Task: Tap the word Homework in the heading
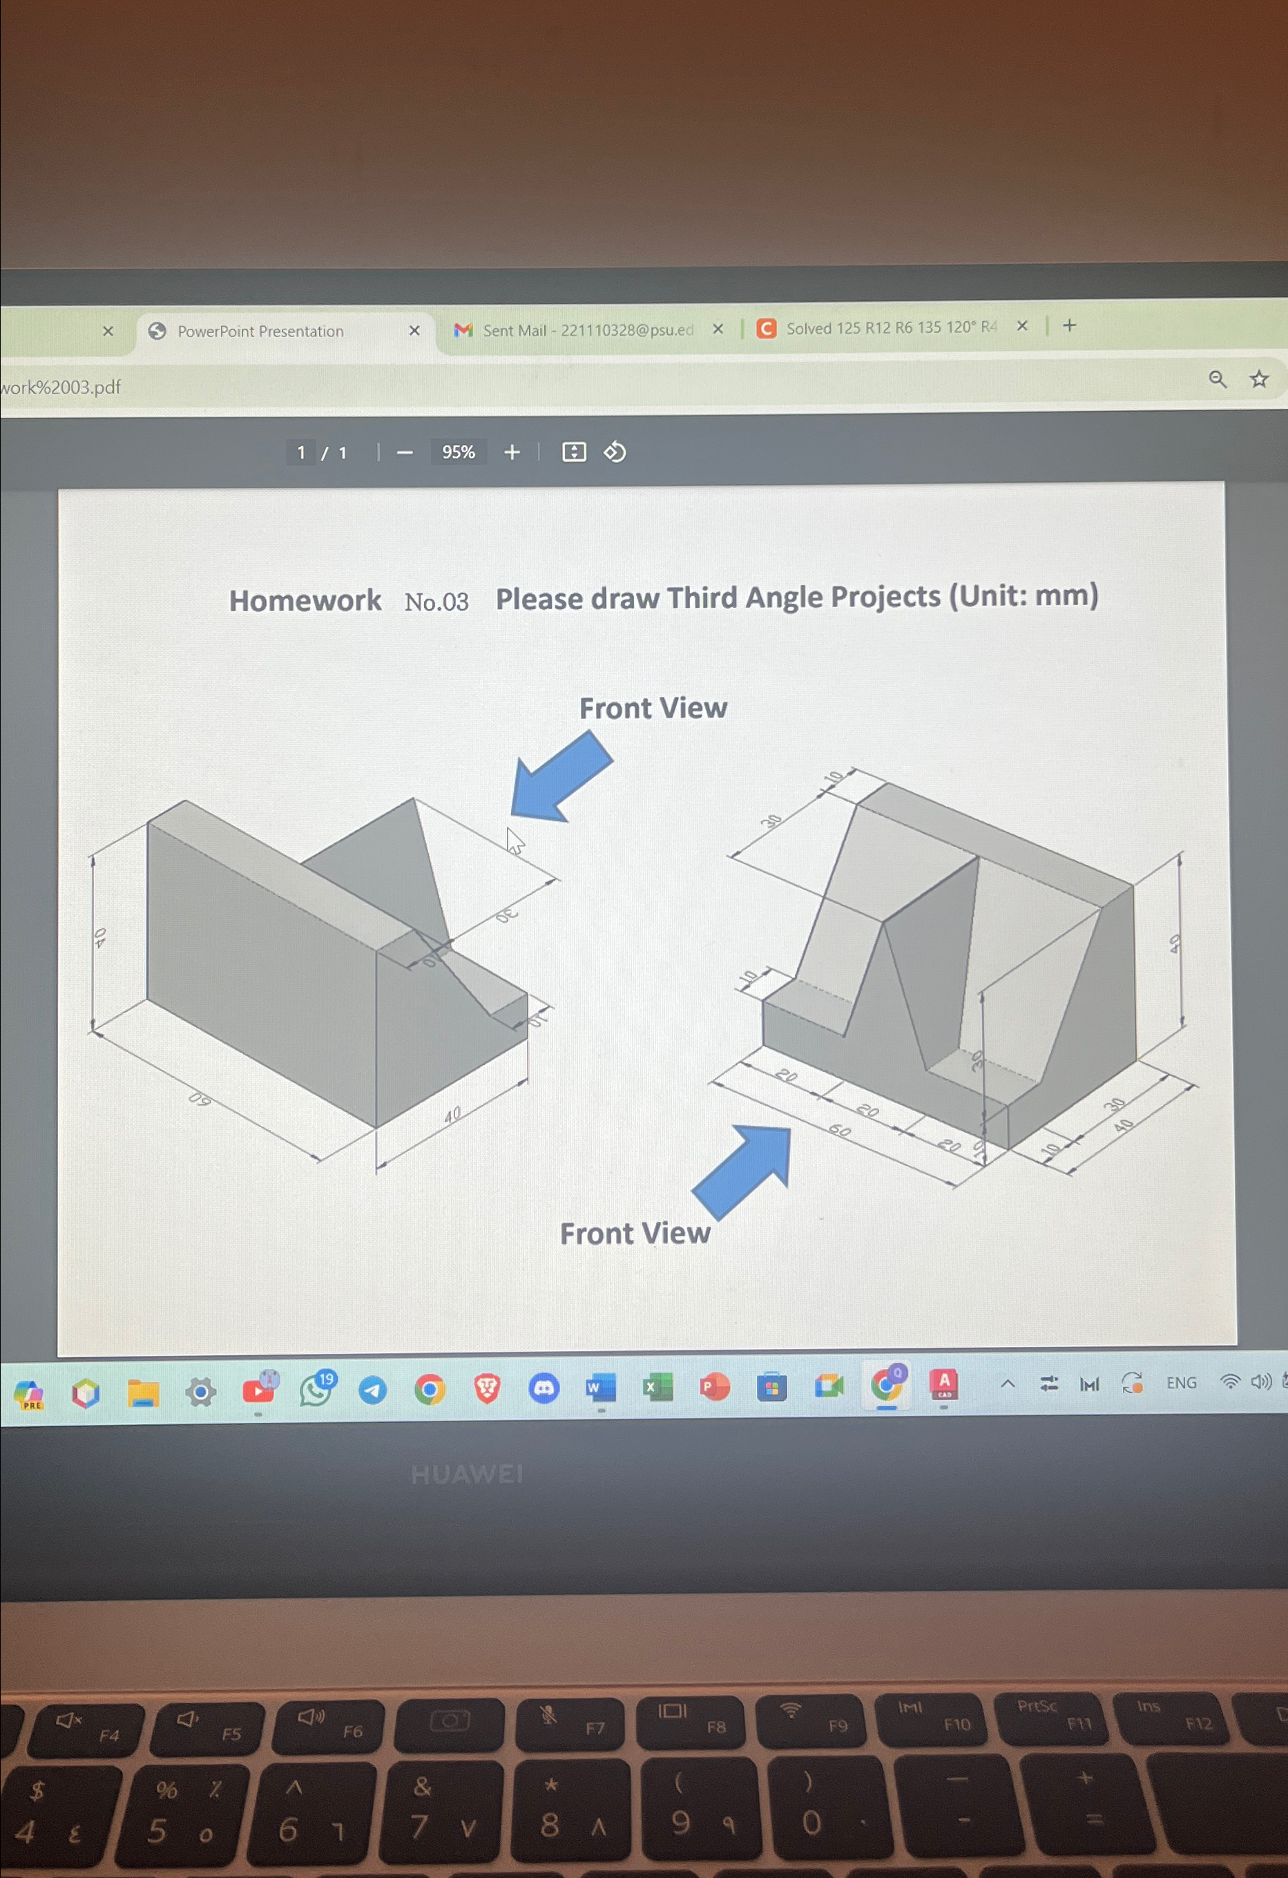(305, 600)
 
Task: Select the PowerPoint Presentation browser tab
(260, 332)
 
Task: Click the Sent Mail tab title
(588, 329)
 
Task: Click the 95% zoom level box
(458, 452)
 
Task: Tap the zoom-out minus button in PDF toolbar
(405, 452)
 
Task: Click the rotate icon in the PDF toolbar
(615, 452)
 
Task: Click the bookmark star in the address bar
(1259, 379)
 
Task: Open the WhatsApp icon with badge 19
(316, 1388)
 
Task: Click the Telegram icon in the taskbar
(372, 1390)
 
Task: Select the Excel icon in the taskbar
(657, 1388)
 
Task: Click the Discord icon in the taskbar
(544, 1388)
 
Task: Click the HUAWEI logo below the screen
(467, 1475)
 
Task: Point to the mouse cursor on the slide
(514, 841)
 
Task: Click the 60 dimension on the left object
(200, 1099)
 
